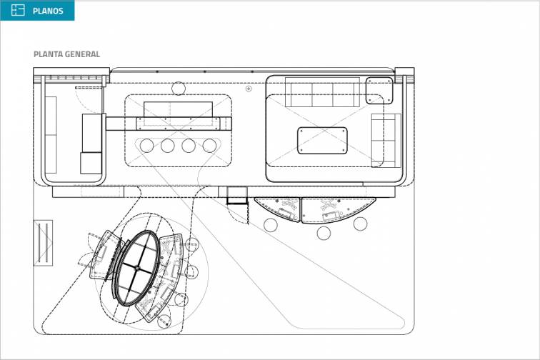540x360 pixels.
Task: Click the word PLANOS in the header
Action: tap(47, 11)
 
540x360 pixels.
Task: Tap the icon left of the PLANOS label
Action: tap(18, 11)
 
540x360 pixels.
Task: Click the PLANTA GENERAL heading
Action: tap(66, 54)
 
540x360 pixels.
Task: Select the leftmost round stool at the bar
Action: tap(146, 146)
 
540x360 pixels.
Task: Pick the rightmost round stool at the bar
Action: tap(209, 146)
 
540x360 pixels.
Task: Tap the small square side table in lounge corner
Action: tap(379, 91)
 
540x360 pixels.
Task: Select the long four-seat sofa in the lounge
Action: tap(322, 94)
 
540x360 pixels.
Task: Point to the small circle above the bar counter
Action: tap(179, 88)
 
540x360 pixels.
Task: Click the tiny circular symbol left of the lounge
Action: tap(248, 89)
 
